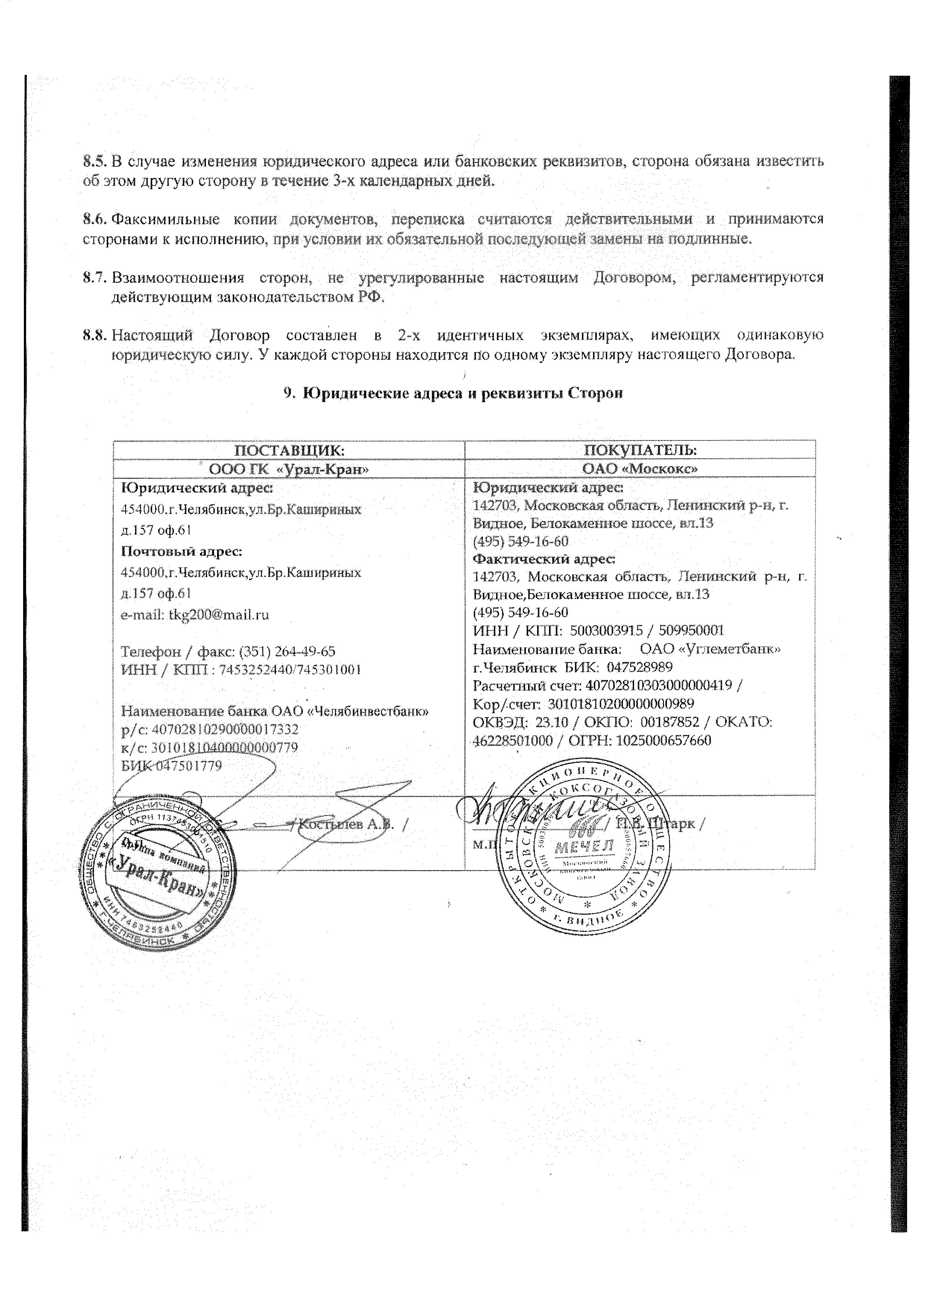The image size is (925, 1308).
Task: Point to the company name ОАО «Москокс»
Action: click(x=640, y=468)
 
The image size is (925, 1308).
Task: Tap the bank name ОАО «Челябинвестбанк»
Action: click(x=350, y=711)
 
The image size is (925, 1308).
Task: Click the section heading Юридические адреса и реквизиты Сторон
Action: click(x=462, y=393)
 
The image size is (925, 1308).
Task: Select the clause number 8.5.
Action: click(x=94, y=161)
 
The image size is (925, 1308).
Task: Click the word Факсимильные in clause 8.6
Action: click(x=165, y=219)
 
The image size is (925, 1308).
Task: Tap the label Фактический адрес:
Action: click(x=545, y=559)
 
